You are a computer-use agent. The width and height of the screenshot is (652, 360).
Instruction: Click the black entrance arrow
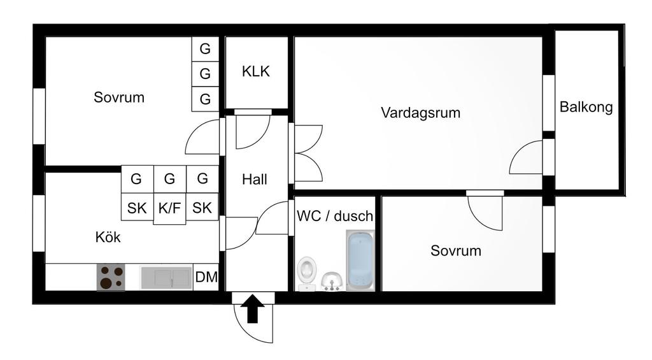pyautogui.click(x=253, y=308)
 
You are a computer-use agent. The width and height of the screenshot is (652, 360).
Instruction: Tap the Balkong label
pyautogui.click(x=586, y=107)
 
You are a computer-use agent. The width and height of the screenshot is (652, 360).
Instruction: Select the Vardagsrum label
pyautogui.click(x=420, y=113)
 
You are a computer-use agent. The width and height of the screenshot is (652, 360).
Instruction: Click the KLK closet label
pyautogui.click(x=256, y=71)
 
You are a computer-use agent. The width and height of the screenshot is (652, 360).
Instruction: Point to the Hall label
pyautogui.click(x=254, y=180)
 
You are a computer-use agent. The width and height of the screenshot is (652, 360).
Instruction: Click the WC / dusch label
pyautogui.click(x=335, y=216)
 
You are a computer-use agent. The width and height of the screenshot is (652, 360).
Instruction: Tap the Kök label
pyautogui.click(x=108, y=238)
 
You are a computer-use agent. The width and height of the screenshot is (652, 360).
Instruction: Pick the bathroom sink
pyautogui.click(x=331, y=280)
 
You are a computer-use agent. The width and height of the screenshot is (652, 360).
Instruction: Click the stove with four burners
pyautogui.click(x=110, y=277)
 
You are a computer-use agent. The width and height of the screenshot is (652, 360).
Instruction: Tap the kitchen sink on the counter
pyautogui.click(x=165, y=277)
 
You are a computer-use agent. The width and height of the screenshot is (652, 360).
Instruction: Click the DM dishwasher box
pyautogui.click(x=206, y=277)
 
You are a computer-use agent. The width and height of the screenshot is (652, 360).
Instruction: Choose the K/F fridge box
pyautogui.click(x=169, y=208)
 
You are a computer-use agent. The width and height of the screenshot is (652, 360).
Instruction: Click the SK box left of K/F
pyautogui.click(x=137, y=207)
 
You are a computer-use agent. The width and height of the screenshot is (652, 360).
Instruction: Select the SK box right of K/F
pyautogui.click(x=202, y=207)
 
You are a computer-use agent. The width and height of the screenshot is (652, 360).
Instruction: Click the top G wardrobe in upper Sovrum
pyautogui.click(x=205, y=49)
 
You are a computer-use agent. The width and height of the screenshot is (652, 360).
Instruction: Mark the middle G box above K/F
pyautogui.click(x=169, y=179)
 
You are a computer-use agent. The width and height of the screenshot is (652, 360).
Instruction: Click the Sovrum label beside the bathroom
pyautogui.click(x=456, y=250)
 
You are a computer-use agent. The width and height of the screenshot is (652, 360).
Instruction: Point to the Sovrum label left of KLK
pyautogui.click(x=119, y=97)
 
